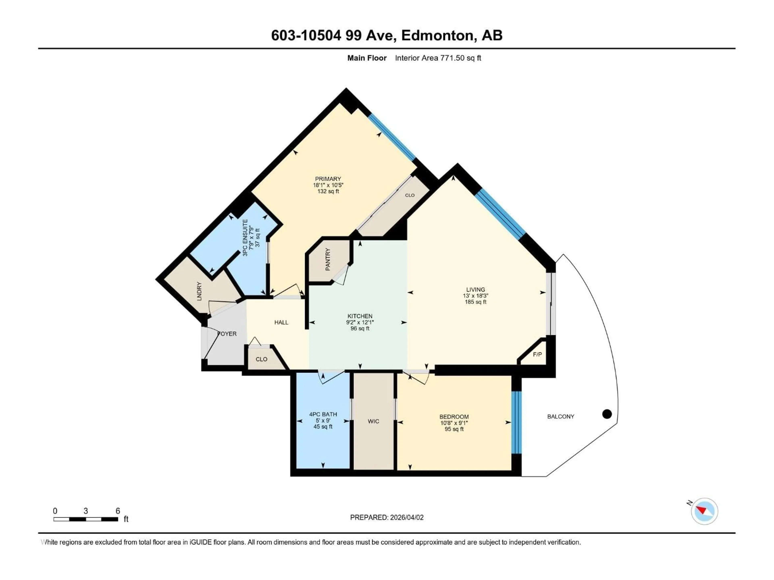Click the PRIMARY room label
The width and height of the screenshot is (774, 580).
[328, 179]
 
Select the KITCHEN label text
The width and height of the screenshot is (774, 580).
[360, 316]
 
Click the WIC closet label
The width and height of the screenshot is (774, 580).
[373, 421]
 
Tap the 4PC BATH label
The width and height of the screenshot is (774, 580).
[323, 414]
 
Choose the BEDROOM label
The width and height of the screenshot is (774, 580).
[454, 417]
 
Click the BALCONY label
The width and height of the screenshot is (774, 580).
[561, 416]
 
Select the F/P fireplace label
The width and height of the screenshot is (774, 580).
[537, 354]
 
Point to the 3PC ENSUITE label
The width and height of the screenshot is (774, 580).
[245, 238]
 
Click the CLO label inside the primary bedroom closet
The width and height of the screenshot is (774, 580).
[410, 195]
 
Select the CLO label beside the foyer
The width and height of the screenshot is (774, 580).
[261, 359]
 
